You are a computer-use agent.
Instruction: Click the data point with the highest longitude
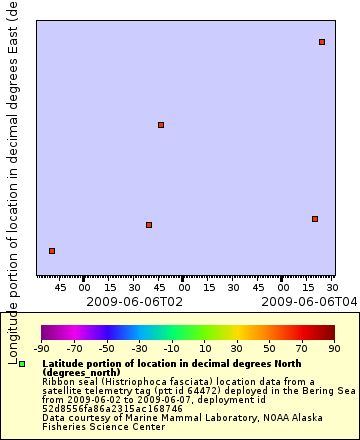tap(322, 42)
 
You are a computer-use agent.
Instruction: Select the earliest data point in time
tap(52, 251)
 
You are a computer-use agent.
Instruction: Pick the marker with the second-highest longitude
tap(161, 125)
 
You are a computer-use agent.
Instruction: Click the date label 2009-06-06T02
tap(135, 301)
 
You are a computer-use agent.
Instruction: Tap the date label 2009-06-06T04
tap(295, 301)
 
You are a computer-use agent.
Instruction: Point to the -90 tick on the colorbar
tap(41, 348)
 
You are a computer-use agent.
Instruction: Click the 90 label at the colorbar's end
tap(334, 348)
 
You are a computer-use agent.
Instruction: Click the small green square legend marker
tap(22, 365)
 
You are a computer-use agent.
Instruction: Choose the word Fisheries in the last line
tap(64, 426)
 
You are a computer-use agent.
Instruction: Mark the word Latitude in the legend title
tap(64, 364)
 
